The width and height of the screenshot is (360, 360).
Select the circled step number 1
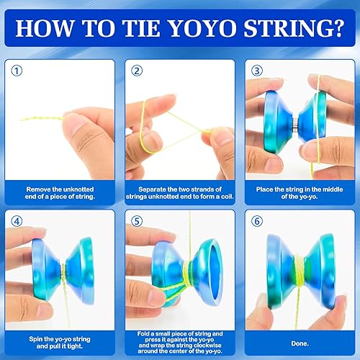pos(18,71)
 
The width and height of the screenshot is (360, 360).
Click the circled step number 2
pos(136,71)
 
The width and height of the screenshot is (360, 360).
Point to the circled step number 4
pos(18,221)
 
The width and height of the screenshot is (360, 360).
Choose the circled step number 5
pos(136,221)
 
